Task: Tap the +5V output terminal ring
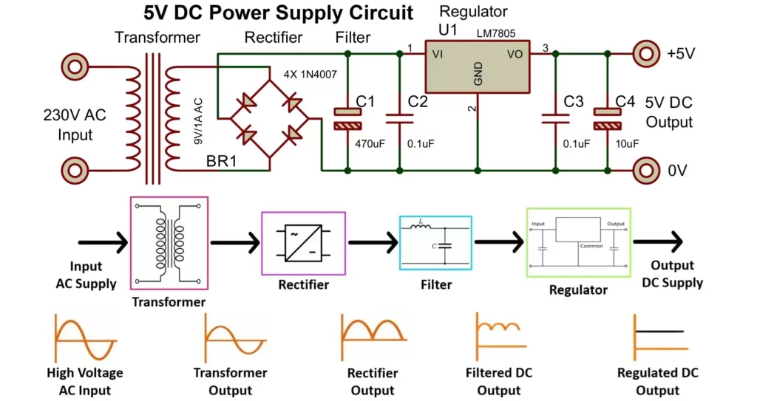point(646,53)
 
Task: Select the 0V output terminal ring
point(646,170)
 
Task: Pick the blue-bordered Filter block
point(435,243)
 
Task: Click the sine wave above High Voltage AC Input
point(84,339)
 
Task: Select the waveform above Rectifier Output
point(372,336)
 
